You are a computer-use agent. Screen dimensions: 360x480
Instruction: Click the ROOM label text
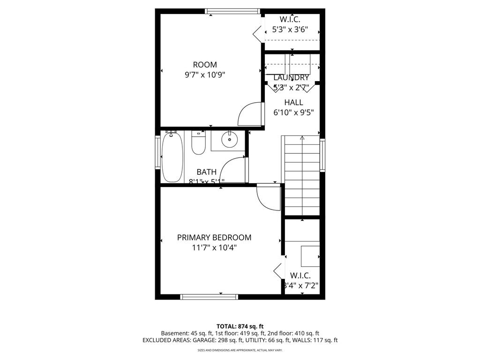(x=205, y=65)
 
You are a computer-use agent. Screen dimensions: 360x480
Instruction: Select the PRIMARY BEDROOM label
(x=214, y=238)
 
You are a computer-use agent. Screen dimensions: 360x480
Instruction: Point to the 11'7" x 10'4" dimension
(x=214, y=247)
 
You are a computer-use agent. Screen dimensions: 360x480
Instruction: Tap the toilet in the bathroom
(x=199, y=144)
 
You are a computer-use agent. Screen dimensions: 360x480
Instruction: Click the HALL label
(x=293, y=102)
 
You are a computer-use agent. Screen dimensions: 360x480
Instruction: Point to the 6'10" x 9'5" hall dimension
(x=293, y=112)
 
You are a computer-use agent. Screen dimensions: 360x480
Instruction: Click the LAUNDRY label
(x=291, y=77)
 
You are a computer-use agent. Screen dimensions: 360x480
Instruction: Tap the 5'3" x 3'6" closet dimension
(x=290, y=30)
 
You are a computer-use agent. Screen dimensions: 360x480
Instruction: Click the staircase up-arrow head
(x=302, y=138)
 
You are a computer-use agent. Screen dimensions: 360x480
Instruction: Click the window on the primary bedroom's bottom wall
(x=209, y=296)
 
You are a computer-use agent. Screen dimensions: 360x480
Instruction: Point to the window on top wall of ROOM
(x=232, y=11)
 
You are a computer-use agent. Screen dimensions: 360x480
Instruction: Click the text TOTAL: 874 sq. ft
(x=240, y=326)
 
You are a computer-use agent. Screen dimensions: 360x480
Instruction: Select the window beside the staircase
(x=322, y=155)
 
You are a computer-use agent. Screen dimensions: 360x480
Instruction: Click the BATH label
(x=206, y=172)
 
